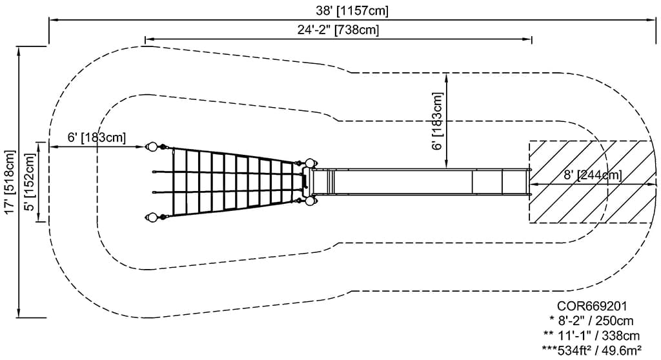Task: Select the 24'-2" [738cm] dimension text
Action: pos(338,30)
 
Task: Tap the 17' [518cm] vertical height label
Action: pos(10,182)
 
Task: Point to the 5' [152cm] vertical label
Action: pos(30,182)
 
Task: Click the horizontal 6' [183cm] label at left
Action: pos(97,138)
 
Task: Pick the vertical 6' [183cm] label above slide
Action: pos(438,121)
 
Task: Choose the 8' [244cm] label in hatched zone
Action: pos(593,175)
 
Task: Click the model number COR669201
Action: pos(592,306)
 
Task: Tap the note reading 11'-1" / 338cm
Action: pos(591,335)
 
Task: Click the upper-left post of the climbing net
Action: pos(151,147)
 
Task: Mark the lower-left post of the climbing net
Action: pos(151,217)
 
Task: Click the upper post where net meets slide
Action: pos(310,163)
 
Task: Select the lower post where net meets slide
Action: pos(310,201)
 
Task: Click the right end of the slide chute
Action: pos(530,182)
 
